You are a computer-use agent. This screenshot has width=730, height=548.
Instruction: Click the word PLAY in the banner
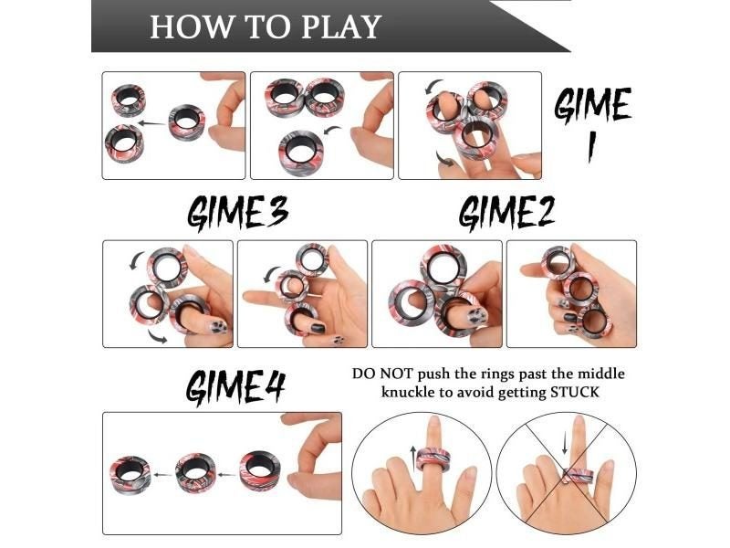pos(341,26)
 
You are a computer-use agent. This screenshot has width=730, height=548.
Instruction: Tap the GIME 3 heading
pos(237,213)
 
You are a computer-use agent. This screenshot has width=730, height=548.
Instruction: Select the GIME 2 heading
pos(506,212)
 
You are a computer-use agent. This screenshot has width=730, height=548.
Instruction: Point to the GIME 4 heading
pos(235,386)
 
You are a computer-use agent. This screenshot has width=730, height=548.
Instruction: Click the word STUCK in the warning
pos(575,392)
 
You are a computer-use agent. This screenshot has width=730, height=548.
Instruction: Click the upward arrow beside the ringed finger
pos(413,458)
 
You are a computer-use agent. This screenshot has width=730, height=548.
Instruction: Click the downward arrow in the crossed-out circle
pos(565,442)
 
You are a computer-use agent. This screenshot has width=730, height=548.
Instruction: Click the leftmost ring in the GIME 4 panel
pos(131,473)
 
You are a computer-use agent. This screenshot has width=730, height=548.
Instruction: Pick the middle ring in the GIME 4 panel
pos(196,471)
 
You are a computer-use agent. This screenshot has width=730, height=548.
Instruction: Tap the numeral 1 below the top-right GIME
pos(591,147)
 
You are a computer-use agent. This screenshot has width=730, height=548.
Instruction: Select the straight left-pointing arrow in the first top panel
pos(152,123)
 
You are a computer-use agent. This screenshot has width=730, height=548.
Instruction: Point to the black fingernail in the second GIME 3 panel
pos(318,327)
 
